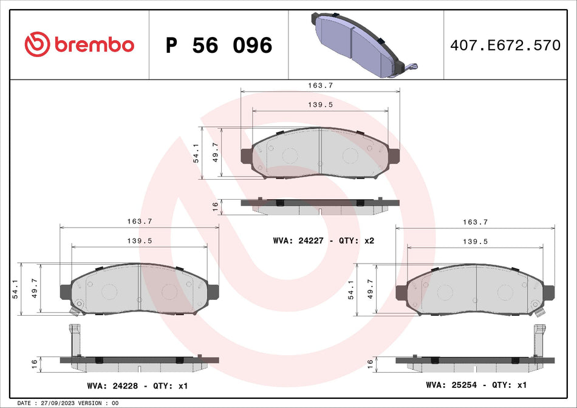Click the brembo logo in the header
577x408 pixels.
click(x=79, y=44)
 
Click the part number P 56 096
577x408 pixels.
click(x=219, y=46)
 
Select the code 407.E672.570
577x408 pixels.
click(x=505, y=46)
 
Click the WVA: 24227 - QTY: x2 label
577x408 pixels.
click(x=324, y=241)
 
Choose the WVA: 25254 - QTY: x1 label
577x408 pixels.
click(x=476, y=385)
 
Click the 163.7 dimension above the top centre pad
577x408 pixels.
click(x=321, y=86)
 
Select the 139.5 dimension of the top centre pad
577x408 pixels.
click(x=321, y=104)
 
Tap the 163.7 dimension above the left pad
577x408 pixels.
click(x=140, y=222)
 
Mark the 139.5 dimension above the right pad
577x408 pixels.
click(x=476, y=241)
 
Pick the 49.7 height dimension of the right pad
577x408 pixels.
click(x=371, y=288)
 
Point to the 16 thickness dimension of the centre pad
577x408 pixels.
click(x=215, y=206)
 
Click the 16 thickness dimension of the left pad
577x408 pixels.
click(x=35, y=364)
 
